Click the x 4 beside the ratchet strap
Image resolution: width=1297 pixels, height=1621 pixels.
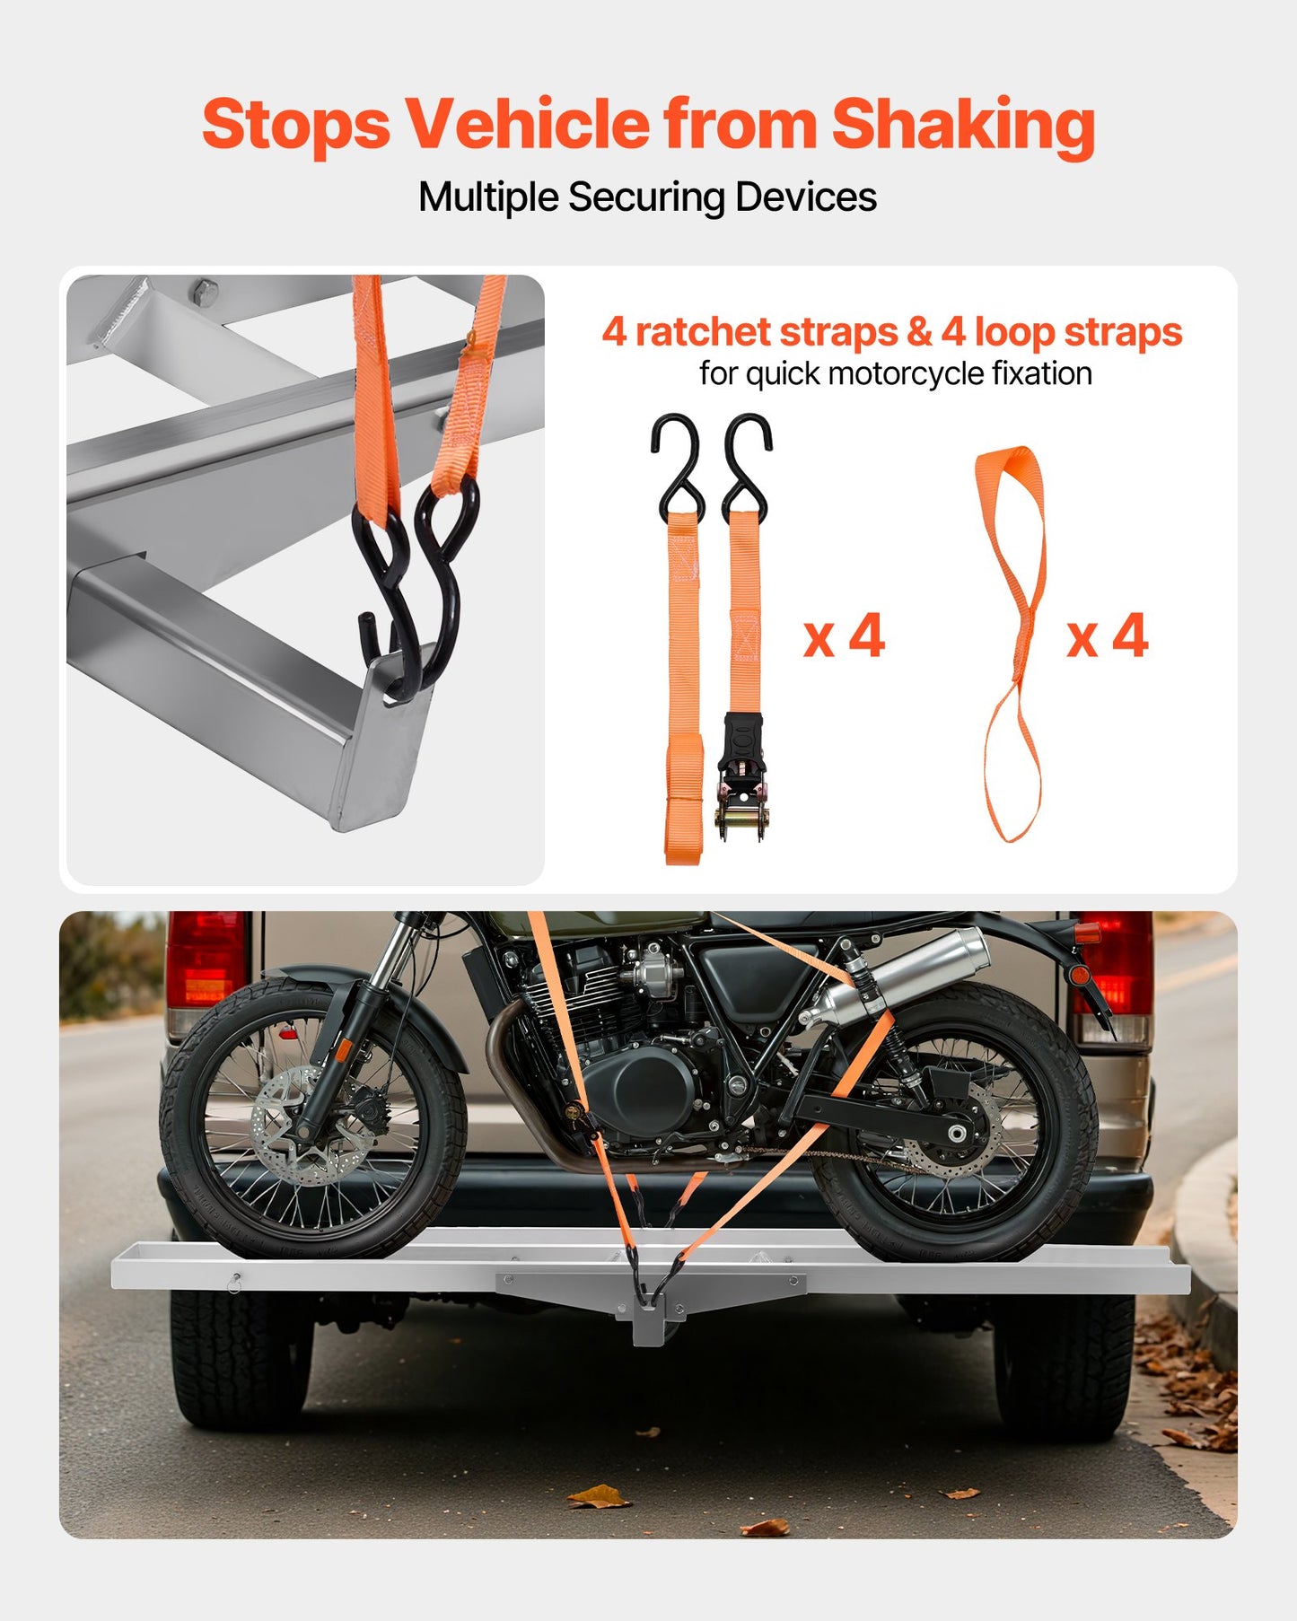pos(844,636)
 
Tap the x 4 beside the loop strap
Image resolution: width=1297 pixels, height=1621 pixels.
pos(1107,636)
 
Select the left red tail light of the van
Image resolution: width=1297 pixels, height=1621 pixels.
pos(206,960)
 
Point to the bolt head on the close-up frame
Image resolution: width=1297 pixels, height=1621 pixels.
pos(205,291)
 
